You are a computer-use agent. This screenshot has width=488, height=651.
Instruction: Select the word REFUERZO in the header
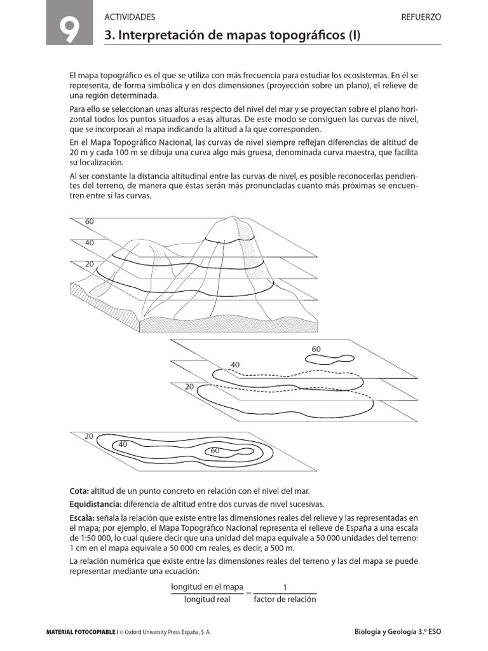tap(421, 17)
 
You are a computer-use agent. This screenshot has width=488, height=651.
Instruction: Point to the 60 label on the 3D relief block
tap(89, 222)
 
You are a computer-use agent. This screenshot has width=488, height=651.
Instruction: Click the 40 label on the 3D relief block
tap(89, 243)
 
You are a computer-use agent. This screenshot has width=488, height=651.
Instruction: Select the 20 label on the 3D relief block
tap(89, 264)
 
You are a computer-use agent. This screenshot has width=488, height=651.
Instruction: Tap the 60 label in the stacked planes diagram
tap(316, 349)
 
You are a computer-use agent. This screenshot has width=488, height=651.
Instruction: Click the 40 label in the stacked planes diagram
tap(235, 364)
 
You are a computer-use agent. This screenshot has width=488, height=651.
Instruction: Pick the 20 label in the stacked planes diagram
tap(189, 387)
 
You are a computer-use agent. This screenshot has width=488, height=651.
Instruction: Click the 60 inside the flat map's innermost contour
tap(215, 451)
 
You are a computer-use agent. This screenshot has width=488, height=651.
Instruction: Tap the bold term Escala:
tap(82, 518)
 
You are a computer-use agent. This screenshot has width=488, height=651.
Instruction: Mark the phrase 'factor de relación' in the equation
tap(284, 600)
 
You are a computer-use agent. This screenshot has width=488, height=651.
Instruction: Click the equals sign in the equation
tap(248, 593)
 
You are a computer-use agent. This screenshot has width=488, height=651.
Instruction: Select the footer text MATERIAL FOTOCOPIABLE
tap(81, 633)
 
